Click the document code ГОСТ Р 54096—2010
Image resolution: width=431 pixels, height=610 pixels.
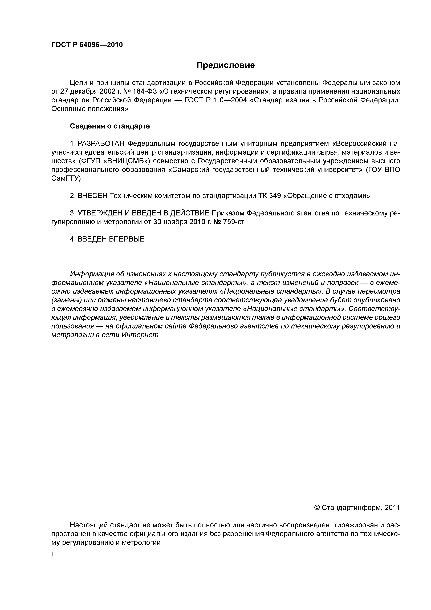87,45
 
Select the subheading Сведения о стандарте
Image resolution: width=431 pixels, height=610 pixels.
110,126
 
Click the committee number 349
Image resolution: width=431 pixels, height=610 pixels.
275,196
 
